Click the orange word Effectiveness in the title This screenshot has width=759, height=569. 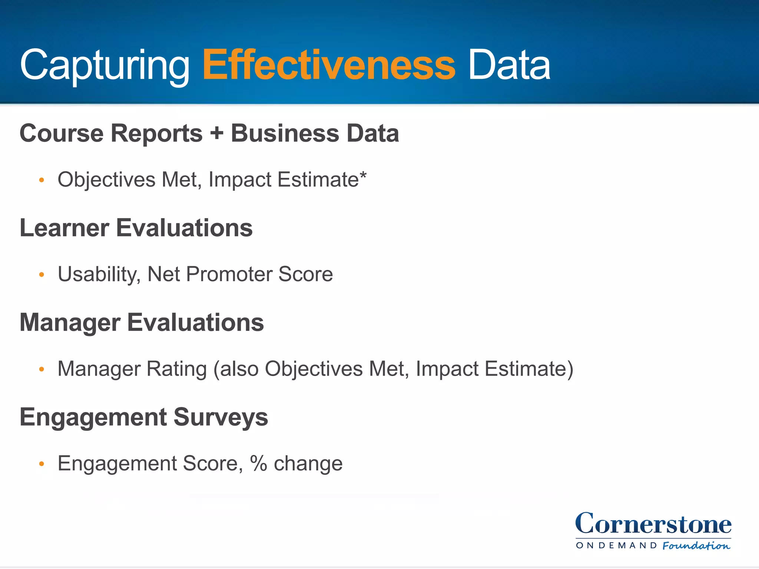click(329, 66)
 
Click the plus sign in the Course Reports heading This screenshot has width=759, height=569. click(217, 133)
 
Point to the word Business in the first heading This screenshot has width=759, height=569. click(285, 133)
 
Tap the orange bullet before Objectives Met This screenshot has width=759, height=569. click(42, 180)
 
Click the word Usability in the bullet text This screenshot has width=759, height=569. click(99, 274)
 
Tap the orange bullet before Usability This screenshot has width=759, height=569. click(42, 275)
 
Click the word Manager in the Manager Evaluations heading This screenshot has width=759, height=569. click(70, 322)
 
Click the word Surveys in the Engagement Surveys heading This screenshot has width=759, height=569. click(221, 417)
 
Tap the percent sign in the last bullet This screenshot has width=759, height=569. click(258, 463)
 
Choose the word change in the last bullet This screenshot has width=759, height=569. click(308, 464)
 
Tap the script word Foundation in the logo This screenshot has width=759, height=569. click(696, 546)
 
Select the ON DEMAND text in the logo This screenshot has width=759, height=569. click(616, 545)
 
